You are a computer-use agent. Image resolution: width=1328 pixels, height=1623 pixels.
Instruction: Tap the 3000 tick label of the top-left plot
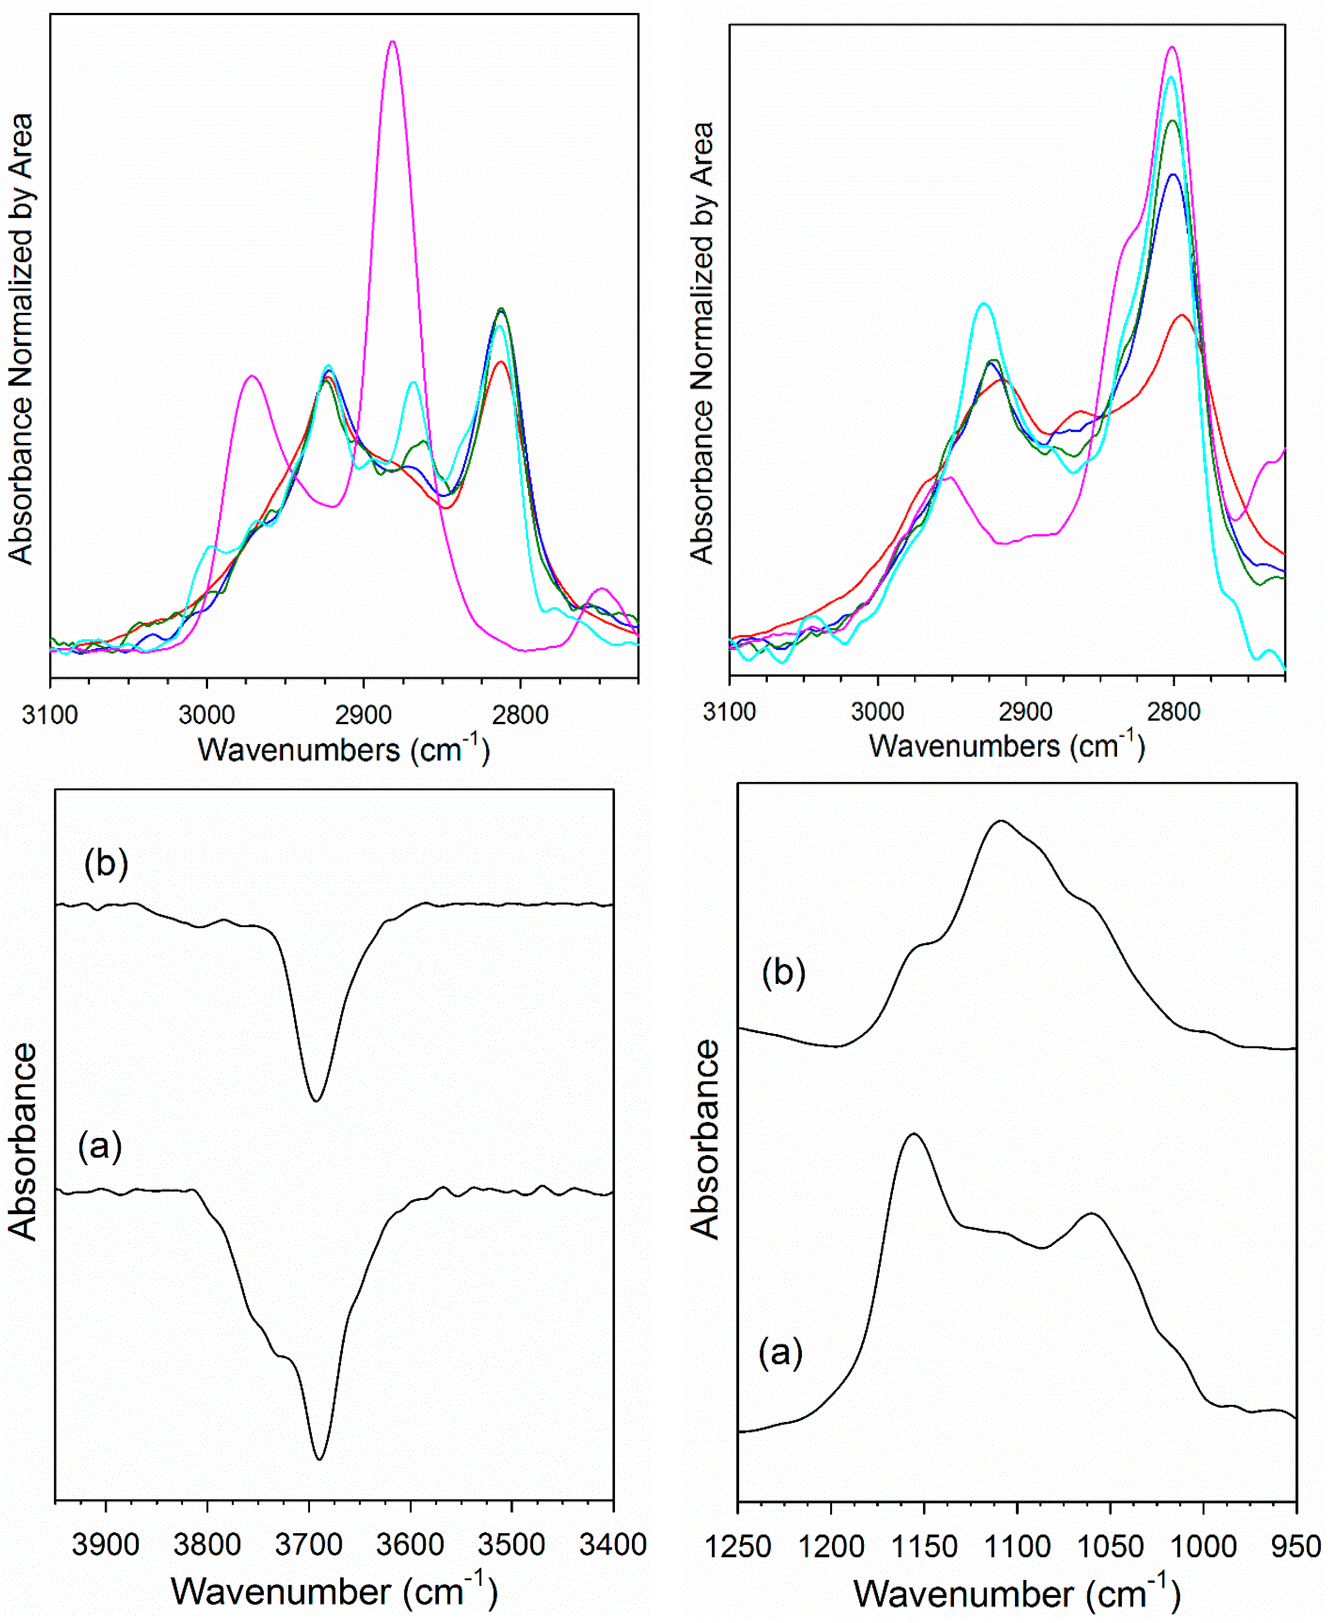207,715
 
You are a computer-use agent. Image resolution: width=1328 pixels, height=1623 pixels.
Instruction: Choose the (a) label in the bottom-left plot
100,1146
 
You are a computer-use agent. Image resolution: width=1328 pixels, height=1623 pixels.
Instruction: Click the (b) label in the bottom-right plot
783,974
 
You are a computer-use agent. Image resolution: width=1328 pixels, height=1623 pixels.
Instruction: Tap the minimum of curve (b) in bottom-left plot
316,1101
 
